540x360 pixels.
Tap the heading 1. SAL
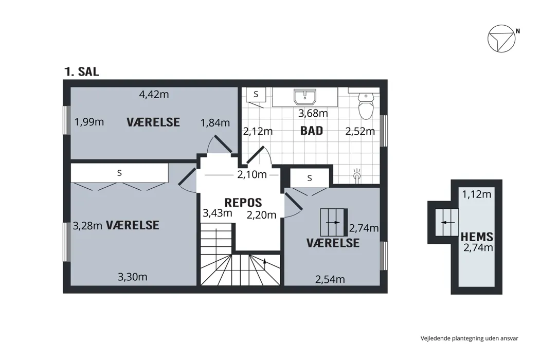(x=81, y=71)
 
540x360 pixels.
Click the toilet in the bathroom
(x=366, y=106)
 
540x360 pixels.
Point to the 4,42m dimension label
(x=154, y=94)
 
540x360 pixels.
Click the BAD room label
(x=312, y=131)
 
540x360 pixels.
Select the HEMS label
(x=477, y=237)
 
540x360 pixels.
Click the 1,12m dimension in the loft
(x=476, y=194)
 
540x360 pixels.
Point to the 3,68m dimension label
(x=313, y=113)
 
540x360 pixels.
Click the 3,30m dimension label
(x=133, y=277)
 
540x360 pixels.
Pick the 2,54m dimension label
(x=330, y=279)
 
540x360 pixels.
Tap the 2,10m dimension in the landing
(x=252, y=174)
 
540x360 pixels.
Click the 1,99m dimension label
(x=89, y=122)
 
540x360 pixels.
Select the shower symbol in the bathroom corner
(x=357, y=175)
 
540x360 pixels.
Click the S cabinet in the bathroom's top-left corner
(x=256, y=95)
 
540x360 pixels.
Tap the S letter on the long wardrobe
(x=119, y=173)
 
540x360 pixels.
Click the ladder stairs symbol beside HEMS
(x=446, y=222)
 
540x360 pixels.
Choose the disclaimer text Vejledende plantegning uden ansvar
(x=469, y=338)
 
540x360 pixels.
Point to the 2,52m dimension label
(x=360, y=131)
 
